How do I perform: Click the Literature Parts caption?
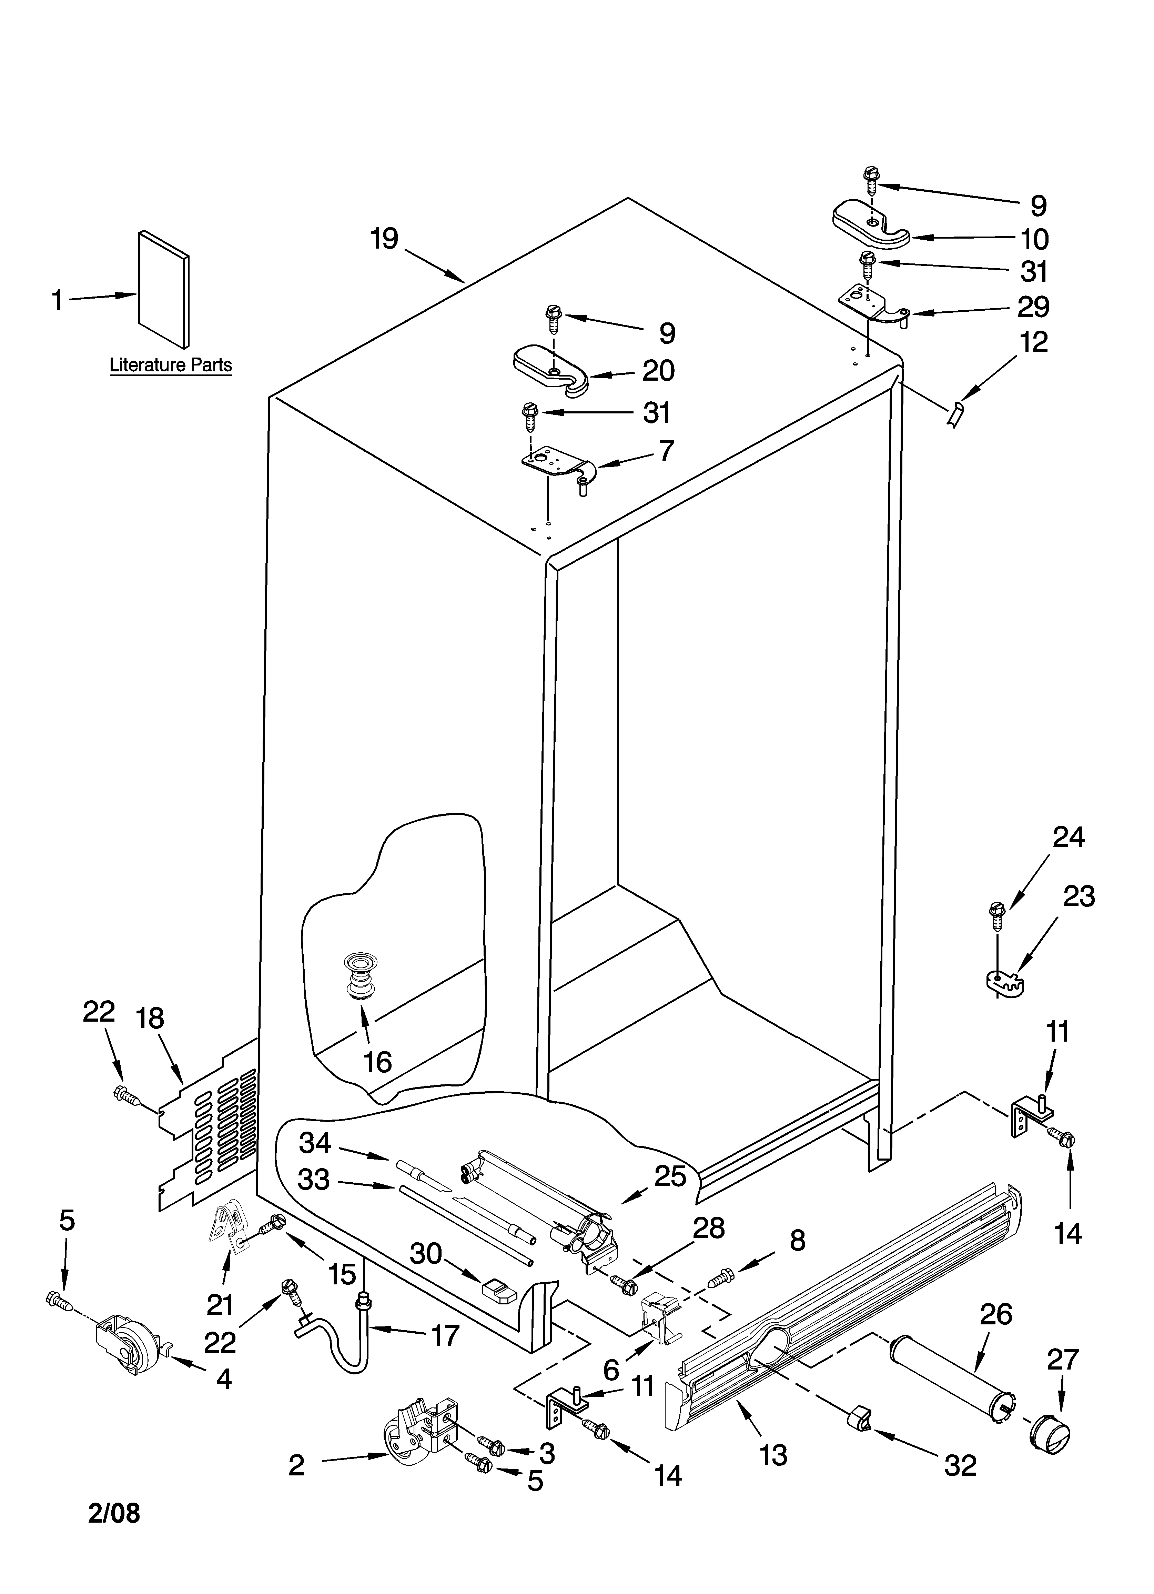click(x=171, y=365)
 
